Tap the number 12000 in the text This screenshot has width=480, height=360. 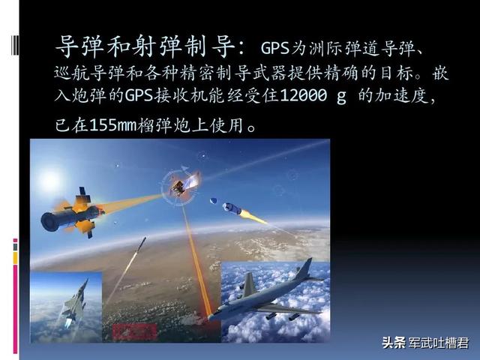[303, 95]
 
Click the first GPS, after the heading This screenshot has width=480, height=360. [275, 48]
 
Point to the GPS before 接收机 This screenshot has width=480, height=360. [139, 95]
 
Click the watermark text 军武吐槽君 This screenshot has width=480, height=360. [439, 343]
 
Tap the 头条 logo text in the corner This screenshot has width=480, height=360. [394, 343]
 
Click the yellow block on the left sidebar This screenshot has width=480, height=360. [15, 258]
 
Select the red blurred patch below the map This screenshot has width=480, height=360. [135, 331]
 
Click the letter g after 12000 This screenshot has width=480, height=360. [342, 97]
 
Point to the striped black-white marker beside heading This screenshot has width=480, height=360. [15, 45]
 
